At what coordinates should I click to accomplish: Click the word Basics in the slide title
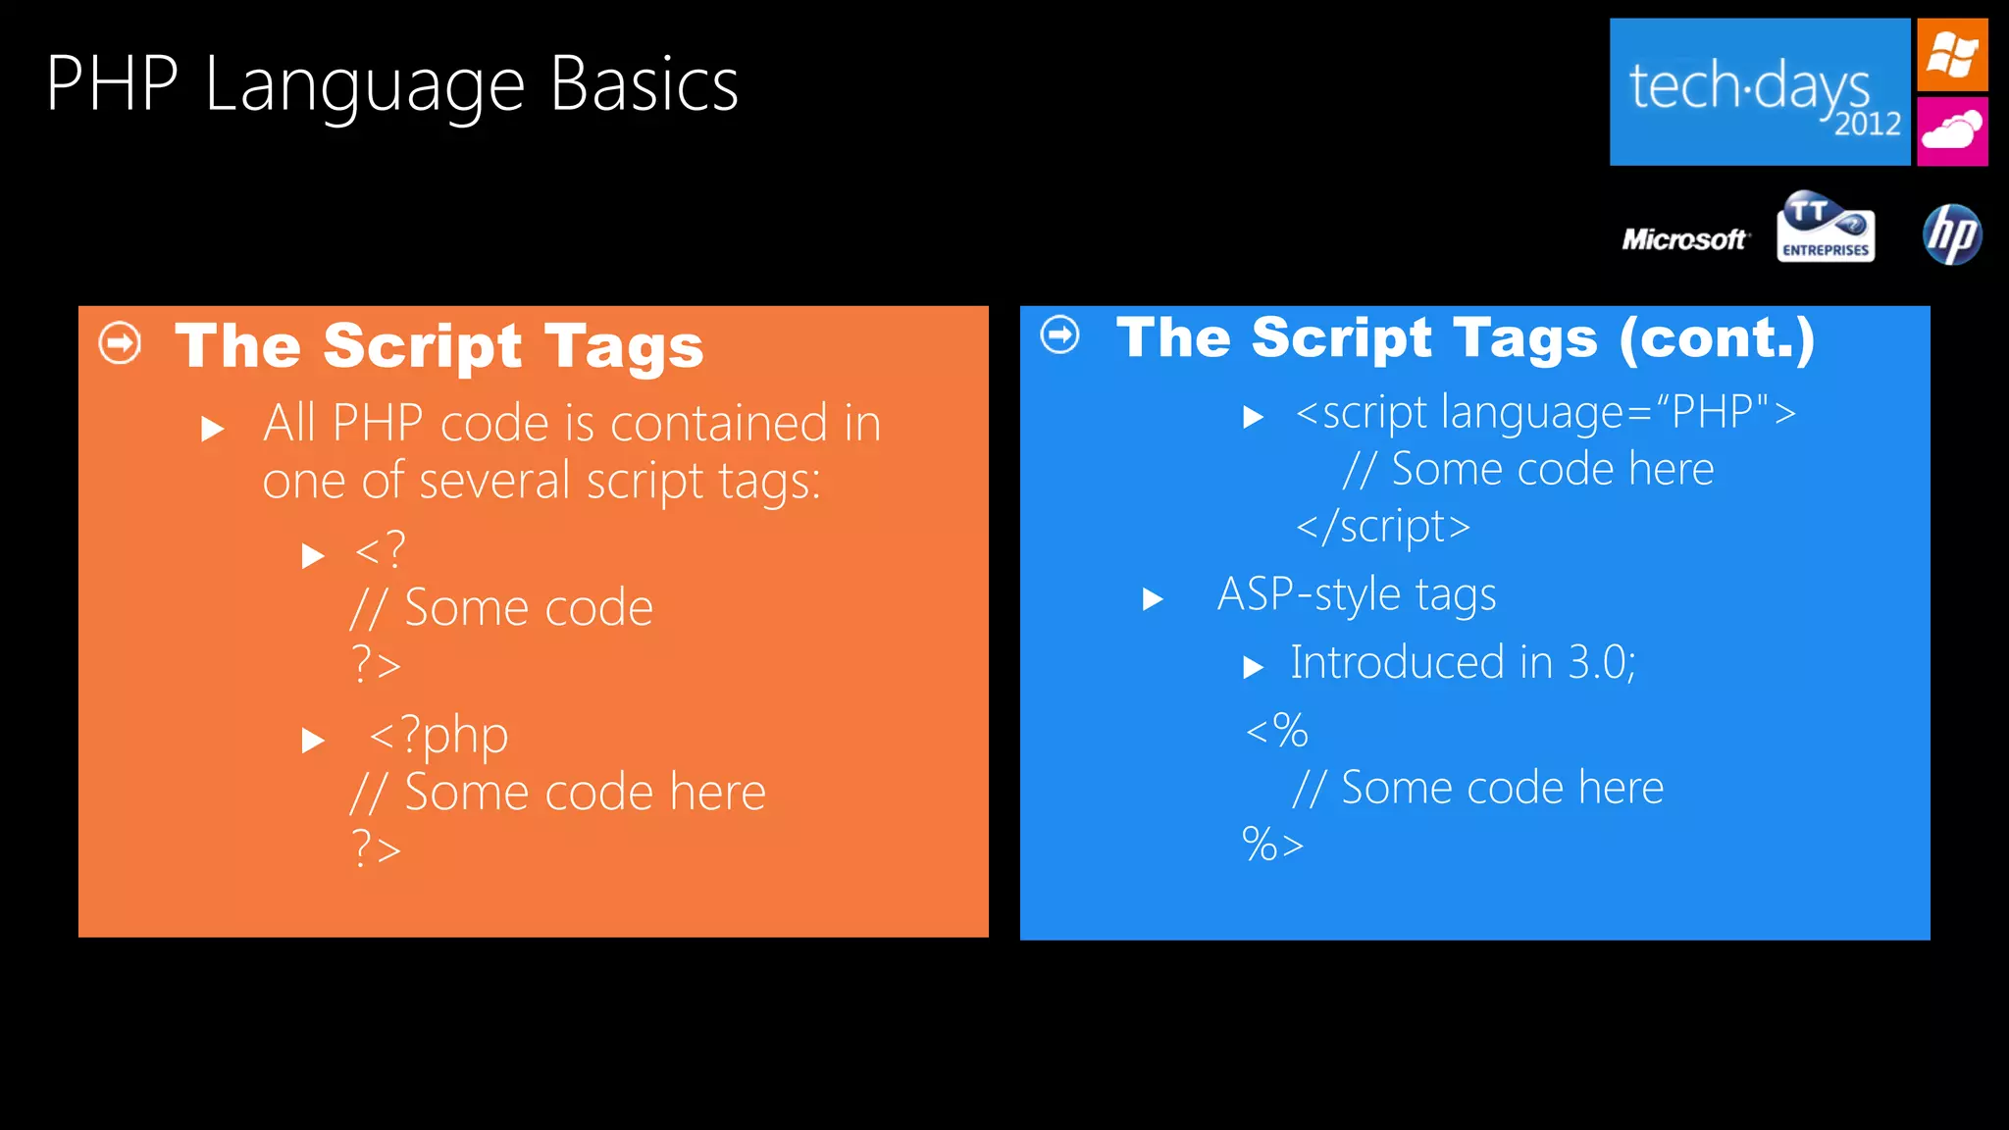coord(644,85)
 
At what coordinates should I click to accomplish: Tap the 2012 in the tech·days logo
coord(1868,125)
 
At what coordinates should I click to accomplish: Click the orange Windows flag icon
coord(1952,55)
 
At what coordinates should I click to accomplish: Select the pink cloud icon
coord(1952,130)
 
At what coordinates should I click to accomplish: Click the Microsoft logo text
coord(1684,239)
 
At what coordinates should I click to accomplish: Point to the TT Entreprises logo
coord(1826,228)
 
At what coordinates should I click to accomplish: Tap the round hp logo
coord(1952,234)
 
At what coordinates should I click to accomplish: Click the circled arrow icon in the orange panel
coord(120,343)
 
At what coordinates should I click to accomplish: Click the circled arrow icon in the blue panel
coord(1059,334)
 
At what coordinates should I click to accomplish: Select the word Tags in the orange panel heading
coord(624,346)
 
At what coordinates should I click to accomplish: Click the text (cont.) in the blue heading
coord(1717,338)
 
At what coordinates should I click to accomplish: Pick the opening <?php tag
coord(438,736)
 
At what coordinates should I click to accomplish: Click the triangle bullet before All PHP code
coord(212,429)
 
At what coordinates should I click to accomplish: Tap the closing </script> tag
coord(1382,527)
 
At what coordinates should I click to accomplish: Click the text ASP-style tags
coord(1357,594)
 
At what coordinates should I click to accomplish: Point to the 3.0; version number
coord(1601,663)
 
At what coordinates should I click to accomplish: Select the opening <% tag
coord(1276,731)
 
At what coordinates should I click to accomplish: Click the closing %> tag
coord(1272,845)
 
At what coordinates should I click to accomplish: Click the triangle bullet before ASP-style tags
coord(1153,598)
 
